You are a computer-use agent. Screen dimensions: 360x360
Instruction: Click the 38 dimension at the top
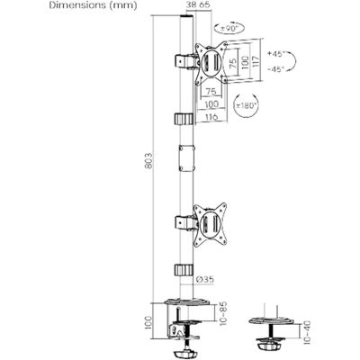click(x=188, y=5)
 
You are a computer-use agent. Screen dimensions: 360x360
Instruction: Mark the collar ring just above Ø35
click(x=184, y=269)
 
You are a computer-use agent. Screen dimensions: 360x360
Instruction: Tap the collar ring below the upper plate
click(x=184, y=120)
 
